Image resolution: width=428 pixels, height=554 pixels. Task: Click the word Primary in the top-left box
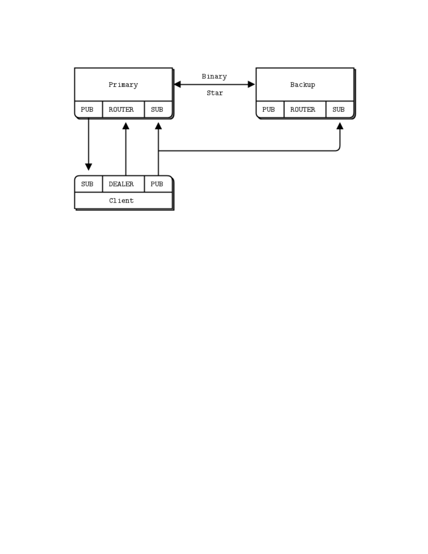(123, 85)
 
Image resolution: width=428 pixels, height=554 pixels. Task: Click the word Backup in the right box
(302, 85)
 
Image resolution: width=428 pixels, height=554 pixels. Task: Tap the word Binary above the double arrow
(214, 76)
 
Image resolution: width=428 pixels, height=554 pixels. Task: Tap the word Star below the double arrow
(214, 93)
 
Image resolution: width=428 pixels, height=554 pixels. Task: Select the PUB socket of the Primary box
(87, 109)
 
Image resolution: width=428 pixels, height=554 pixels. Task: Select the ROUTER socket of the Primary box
(121, 109)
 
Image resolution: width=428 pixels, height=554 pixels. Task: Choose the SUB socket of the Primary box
(157, 109)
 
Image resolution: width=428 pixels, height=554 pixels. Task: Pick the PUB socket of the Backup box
(269, 109)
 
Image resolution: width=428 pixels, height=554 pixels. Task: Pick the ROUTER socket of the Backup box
(302, 109)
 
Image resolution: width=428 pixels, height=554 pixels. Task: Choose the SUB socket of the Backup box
(338, 109)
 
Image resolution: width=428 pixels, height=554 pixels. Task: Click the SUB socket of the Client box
(87, 184)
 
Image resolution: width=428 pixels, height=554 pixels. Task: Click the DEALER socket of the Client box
(121, 184)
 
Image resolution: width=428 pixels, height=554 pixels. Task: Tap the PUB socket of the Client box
(157, 184)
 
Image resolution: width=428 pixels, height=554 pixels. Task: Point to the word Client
(121, 201)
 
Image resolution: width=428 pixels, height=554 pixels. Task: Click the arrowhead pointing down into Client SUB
(88, 167)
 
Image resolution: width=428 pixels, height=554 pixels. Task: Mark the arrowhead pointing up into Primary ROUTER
(126, 126)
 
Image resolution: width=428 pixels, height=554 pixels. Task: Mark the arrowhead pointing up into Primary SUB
(158, 126)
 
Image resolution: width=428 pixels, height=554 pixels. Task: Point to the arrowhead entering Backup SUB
(340, 126)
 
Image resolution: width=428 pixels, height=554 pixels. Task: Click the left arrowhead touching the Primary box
(177, 84)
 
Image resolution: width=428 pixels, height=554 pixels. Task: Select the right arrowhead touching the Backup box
(251, 84)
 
